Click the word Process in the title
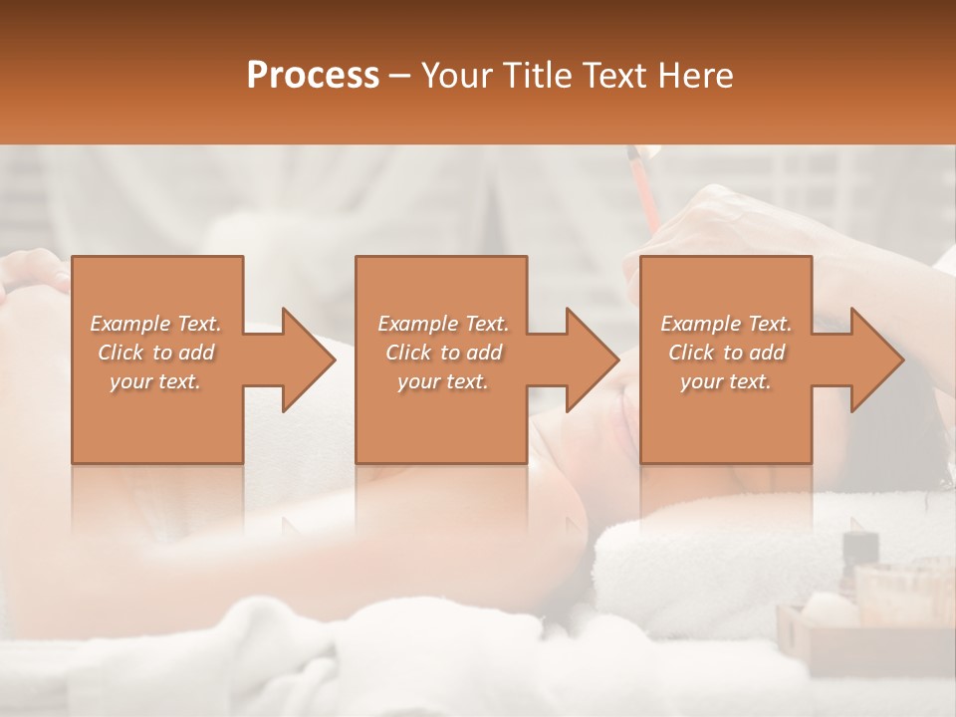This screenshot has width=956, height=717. pyautogui.click(x=313, y=76)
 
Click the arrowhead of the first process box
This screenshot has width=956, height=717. pyautogui.click(x=304, y=359)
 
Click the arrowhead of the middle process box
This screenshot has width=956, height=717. pyautogui.click(x=589, y=359)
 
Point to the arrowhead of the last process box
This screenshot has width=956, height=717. pyautogui.click(x=873, y=359)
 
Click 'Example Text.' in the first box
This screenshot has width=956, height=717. pyautogui.click(x=156, y=324)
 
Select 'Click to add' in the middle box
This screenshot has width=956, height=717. pyautogui.click(x=443, y=353)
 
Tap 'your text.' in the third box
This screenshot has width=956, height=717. pyautogui.click(x=726, y=381)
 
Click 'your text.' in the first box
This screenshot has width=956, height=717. pyautogui.click(x=156, y=381)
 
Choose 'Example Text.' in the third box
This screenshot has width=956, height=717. pyautogui.click(x=726, y=324)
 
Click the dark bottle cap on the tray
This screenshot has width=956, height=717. pyautogui.click(x=859, y=545)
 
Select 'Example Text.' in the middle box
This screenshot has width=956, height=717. pyautogui.click(x=443, y=324)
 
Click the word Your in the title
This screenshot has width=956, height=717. pyautogui.click(x=455, y=76)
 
